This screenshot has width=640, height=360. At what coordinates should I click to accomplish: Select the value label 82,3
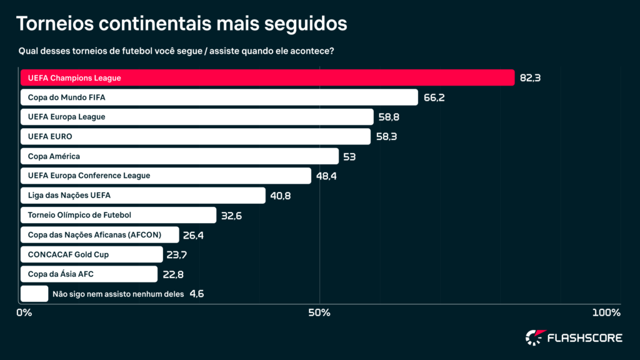click(529, 78)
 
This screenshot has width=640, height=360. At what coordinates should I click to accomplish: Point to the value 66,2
click(434, 97)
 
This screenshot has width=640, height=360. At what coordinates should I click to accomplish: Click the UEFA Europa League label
click(67, 117)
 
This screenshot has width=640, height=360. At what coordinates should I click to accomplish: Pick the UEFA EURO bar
click(195, 136)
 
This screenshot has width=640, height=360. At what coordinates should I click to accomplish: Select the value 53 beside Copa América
click(349, 156)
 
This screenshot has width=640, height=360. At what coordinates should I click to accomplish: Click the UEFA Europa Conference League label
click(89, 176)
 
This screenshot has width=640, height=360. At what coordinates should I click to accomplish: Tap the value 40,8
click(281, 196)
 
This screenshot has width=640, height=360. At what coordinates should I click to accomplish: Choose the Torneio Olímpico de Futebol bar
click(118, 215)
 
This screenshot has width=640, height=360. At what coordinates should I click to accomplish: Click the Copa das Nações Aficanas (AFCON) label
click(95, 235)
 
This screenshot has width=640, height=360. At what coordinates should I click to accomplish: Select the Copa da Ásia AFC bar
click(89, 274)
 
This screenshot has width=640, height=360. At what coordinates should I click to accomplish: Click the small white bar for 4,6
click(34, 294)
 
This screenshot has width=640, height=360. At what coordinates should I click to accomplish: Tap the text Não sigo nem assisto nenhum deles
click(117, 294)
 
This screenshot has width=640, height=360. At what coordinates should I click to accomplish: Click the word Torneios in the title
click(54, 24)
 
